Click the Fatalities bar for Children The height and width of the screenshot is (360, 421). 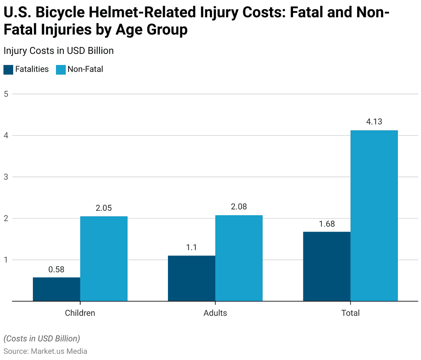[x=56, y=289]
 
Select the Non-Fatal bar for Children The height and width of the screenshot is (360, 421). [x=104, y=259]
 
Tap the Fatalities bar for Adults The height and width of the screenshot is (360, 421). [x=191, y=279]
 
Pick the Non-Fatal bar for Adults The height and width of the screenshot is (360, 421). [x=239, y=258]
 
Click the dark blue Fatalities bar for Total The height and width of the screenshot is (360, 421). [x=327, y=267]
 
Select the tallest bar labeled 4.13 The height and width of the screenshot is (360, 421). [x=374, y=216]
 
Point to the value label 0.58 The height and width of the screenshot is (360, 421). [x=56, y=269]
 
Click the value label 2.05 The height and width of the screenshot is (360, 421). [x=104, y=208]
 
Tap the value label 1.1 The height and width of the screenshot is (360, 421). [x=191, y=248]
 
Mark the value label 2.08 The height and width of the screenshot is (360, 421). [x=239, y=207]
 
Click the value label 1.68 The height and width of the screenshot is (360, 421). [x=327, y=224]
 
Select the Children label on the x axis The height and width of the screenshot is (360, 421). [x=80, y=313]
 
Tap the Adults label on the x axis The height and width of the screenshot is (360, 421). [x=215, y=313]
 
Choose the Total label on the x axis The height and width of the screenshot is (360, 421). [x=350, y=313]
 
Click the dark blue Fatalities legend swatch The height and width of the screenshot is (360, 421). [x=8, y=70]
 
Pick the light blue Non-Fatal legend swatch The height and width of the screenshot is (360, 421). [x=60, y=70]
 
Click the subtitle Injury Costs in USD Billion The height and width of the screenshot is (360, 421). [x=58, y=51]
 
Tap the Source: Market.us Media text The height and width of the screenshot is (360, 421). [x=45, y=351]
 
